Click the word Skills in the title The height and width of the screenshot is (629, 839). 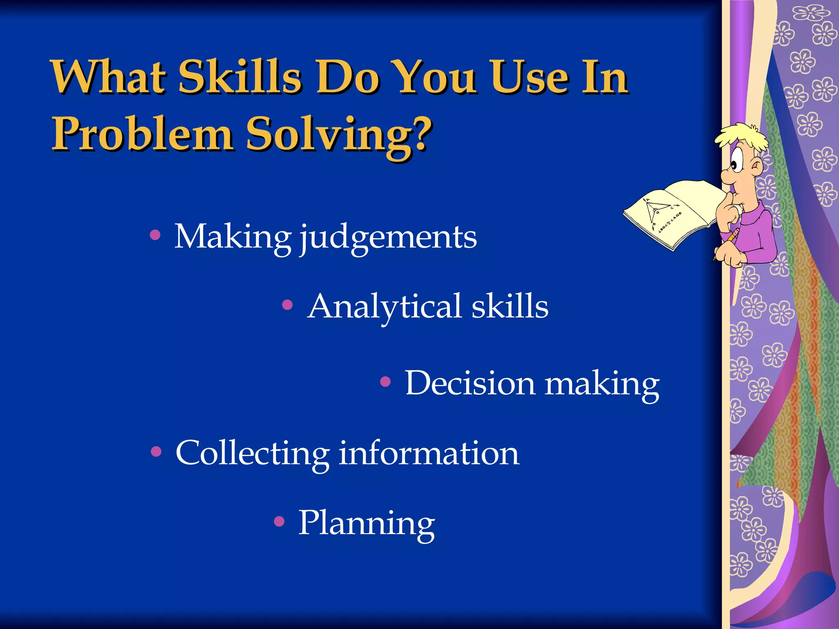pos(240,77)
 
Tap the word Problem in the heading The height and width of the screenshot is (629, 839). pos(142,134)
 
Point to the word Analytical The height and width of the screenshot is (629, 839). pos(385,307)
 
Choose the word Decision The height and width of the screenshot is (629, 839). pos(470,383)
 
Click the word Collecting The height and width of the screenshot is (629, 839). pos(252,454)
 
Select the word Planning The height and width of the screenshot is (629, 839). pos(366,523)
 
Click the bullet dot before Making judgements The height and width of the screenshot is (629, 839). pos(155,235)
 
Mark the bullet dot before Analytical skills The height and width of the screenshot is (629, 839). pos(288,305)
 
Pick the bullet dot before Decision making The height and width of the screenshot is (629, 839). pos(385,382)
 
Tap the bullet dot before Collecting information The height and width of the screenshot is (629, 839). pos(156,452)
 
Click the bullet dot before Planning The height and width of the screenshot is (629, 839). pos(279,521)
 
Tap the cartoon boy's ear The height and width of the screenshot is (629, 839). pos(756,167)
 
